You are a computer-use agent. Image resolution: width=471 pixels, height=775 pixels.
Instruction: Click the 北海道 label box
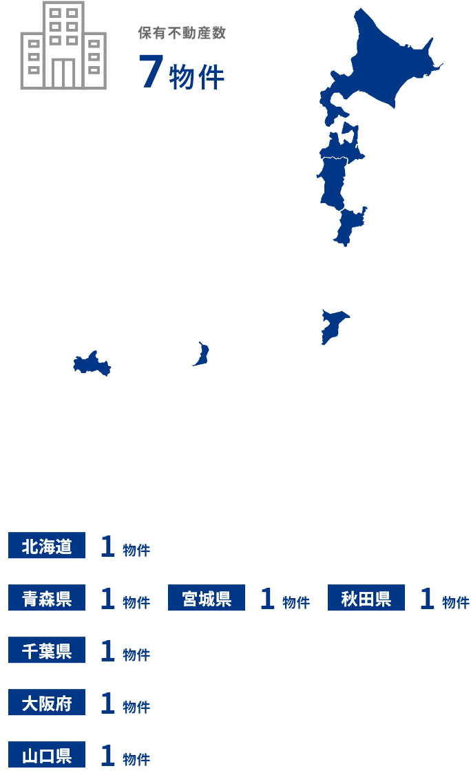47,546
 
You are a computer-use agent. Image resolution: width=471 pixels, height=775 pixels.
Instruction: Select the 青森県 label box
47,598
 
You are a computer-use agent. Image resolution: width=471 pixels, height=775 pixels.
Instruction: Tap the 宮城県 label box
207,598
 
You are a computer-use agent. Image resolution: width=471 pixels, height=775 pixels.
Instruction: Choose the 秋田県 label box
366,598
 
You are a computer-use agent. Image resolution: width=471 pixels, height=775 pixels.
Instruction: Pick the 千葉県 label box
47,650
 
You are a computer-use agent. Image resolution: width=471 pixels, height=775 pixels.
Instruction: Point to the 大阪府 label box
47,703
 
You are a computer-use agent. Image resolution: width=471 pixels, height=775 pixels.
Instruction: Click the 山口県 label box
47,755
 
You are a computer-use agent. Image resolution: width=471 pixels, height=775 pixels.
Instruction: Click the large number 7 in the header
150,72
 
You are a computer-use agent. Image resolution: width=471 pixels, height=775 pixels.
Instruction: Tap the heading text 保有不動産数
182,33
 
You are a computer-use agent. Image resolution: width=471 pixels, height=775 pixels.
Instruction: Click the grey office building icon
63,46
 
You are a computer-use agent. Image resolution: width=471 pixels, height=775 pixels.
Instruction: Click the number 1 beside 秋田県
427,599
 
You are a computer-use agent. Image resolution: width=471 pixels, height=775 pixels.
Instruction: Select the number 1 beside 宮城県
267,599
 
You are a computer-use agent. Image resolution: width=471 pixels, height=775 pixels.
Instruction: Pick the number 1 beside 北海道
107,546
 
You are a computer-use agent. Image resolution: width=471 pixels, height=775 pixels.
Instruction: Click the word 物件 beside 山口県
136,758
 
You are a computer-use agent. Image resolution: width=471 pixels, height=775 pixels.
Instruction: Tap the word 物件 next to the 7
197,77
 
